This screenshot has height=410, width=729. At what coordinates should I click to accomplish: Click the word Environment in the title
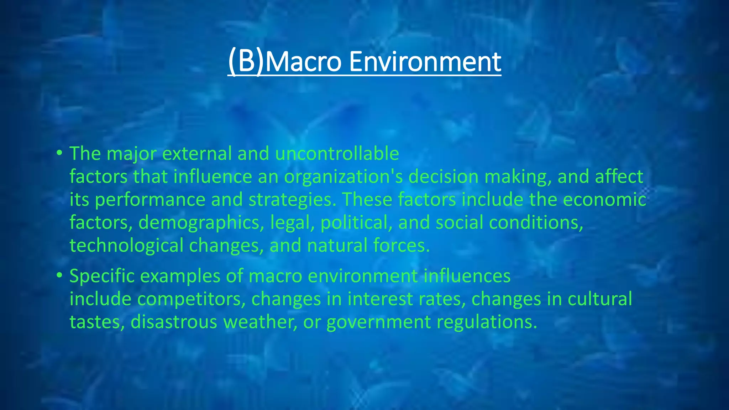425,62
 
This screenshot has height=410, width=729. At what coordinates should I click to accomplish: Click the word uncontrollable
337,154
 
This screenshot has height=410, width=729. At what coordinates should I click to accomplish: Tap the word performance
150,200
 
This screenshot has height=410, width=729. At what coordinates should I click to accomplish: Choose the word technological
126,246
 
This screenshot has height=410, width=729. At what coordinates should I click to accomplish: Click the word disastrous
174,322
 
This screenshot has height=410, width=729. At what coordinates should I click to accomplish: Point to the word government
379,322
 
